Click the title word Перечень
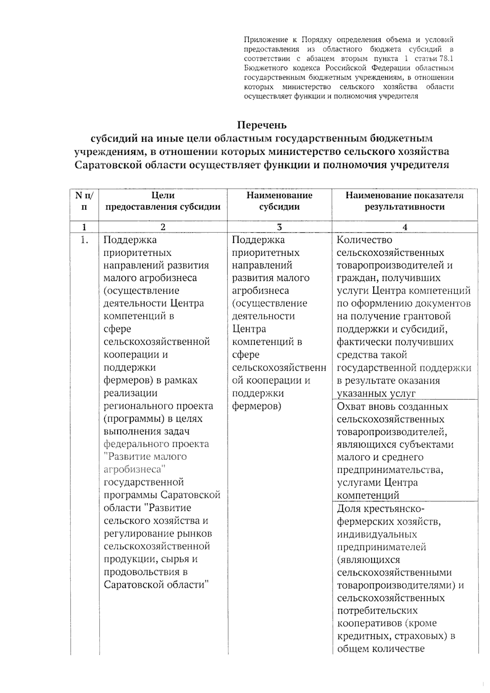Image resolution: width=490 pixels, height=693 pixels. (262, 125)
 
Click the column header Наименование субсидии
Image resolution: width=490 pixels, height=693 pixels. (279, 201)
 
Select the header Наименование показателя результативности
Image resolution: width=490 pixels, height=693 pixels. (404, 201)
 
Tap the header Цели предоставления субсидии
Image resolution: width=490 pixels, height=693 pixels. (163, 201)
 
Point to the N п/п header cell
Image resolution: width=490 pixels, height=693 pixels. (84, 201)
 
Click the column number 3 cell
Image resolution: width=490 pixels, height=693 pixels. (279, 227)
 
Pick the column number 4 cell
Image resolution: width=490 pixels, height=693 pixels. (405, 227)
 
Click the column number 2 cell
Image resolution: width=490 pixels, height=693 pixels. (163, 227)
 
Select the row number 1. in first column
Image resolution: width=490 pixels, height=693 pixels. (85, 240)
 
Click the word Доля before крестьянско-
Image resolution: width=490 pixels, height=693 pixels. (350, 509)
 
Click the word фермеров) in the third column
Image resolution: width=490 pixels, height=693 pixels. (256, 406)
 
